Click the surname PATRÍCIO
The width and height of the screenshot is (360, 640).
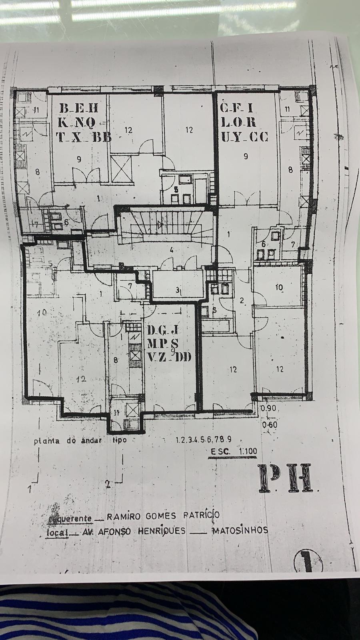[x=201, y=515]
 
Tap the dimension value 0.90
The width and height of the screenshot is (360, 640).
[x=268, y=409]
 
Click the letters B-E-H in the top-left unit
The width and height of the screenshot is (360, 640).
[x=79, y=108]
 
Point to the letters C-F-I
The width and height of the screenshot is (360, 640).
[x=238, y=108]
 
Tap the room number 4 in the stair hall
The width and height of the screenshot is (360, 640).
[x=171, y=250]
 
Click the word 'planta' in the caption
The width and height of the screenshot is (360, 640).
[x=46, y=442]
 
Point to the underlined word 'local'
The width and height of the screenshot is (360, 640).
[x=56, y=532]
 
